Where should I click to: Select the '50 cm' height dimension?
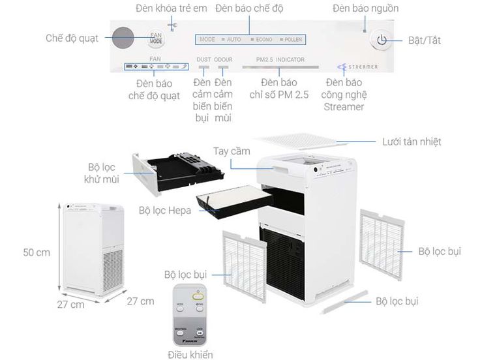point(37,252)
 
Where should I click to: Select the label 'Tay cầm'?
point(231,151)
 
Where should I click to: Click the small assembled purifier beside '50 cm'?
point(91,248)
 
